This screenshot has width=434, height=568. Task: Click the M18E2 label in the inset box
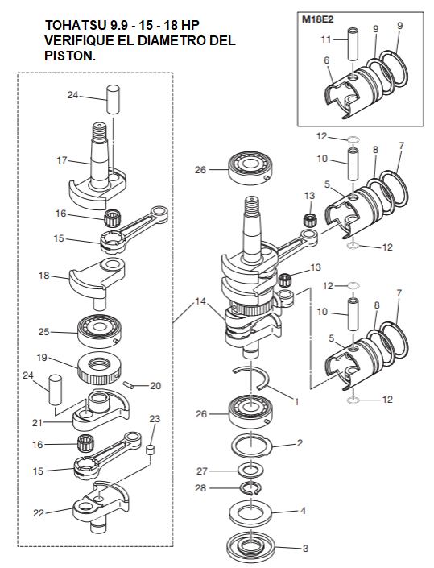click(x=317, y=19)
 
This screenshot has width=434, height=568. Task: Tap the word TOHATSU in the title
click(x=74, y=25)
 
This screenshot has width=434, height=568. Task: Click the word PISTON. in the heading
click(x=70, y=56)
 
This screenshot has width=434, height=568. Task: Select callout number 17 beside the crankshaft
click(x=62, y=160)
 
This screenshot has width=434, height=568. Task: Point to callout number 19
click(x=42, y=358)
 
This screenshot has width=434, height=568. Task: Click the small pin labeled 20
click(x=129, y=384)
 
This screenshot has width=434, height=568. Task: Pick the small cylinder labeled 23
click(x=151, y=452)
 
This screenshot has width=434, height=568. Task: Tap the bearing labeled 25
click(x=100, y=331)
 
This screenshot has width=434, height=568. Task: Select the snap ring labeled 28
click(x=251, y=487)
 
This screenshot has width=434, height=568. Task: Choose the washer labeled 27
click(x=250, y=471)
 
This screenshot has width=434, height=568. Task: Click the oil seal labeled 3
click(x=250, y=547)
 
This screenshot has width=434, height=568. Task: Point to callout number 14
click(x=200, y=301)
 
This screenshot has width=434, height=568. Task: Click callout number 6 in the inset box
click(x=326, y=60)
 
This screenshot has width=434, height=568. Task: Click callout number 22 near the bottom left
click(x=39, y=513)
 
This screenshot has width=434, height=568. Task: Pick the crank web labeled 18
click(x=97, y=283)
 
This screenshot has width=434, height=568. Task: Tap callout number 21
click(x=37, y=423)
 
